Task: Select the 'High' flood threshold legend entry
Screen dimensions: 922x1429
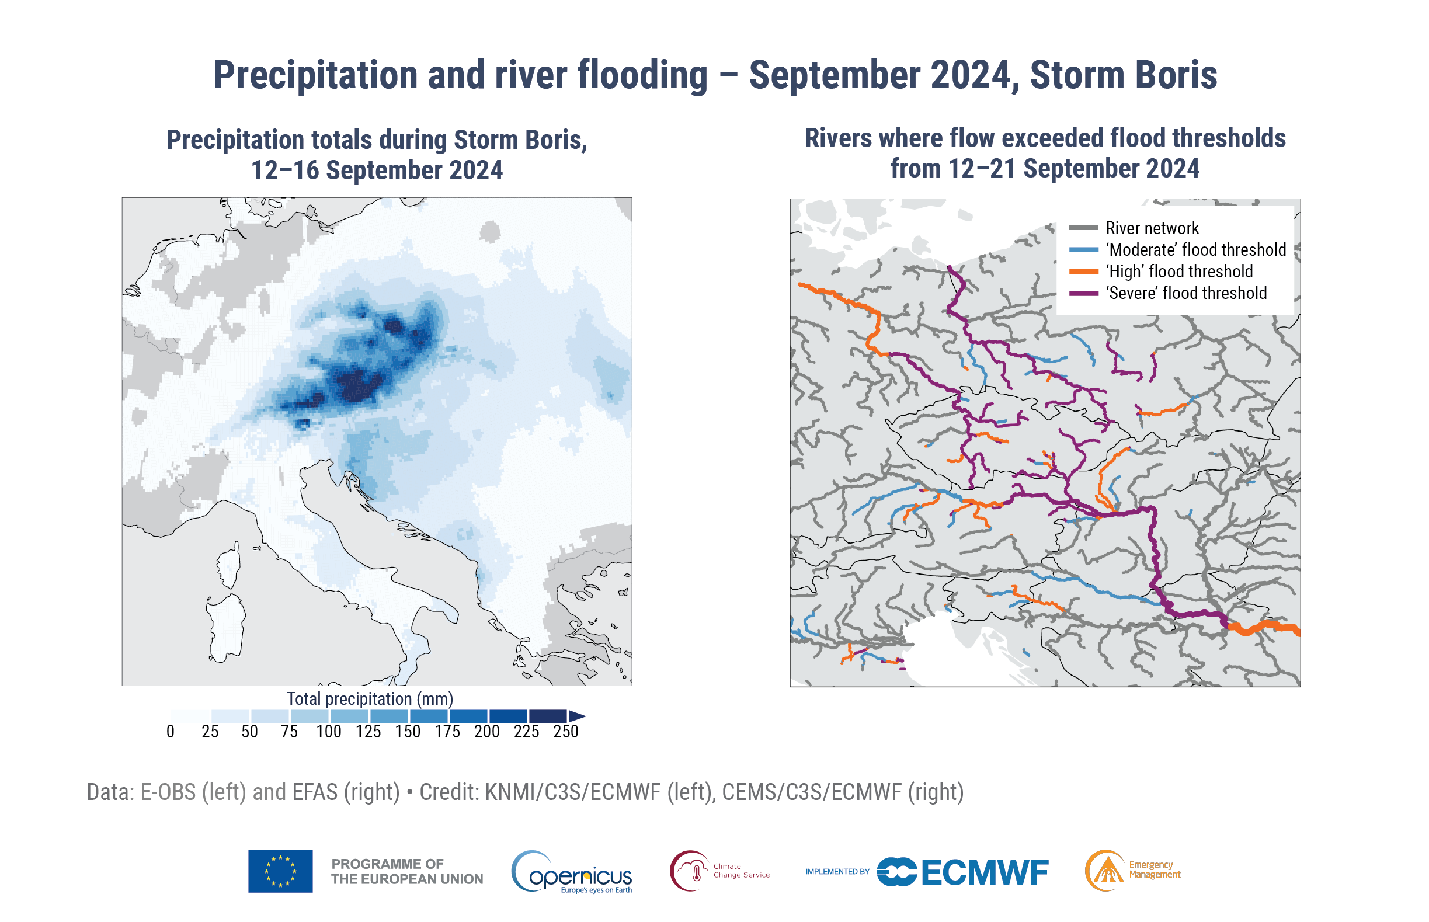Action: [1180, 271]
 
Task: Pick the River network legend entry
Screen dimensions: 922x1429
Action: [1152, 228]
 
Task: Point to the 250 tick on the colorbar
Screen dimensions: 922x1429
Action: [566, 732]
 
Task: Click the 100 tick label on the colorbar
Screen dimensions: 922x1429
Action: [329, 732]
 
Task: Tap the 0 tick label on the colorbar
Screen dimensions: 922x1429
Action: [171, 732]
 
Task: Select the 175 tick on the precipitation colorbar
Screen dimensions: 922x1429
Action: [447, 732]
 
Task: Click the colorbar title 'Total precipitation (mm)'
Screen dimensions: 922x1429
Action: [370, 699]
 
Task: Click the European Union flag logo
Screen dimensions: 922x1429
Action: [280, 871]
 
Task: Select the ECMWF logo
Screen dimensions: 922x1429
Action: [962, 872]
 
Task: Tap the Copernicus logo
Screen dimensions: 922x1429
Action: [572, 872]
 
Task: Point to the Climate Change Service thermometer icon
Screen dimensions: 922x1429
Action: [690, 871]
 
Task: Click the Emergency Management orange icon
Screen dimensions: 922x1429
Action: [1105, 871]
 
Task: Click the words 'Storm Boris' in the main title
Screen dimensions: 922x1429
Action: [1123, 75]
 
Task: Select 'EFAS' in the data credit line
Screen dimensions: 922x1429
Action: [315, 792]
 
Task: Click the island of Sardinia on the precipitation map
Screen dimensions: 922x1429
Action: [225, 626]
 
